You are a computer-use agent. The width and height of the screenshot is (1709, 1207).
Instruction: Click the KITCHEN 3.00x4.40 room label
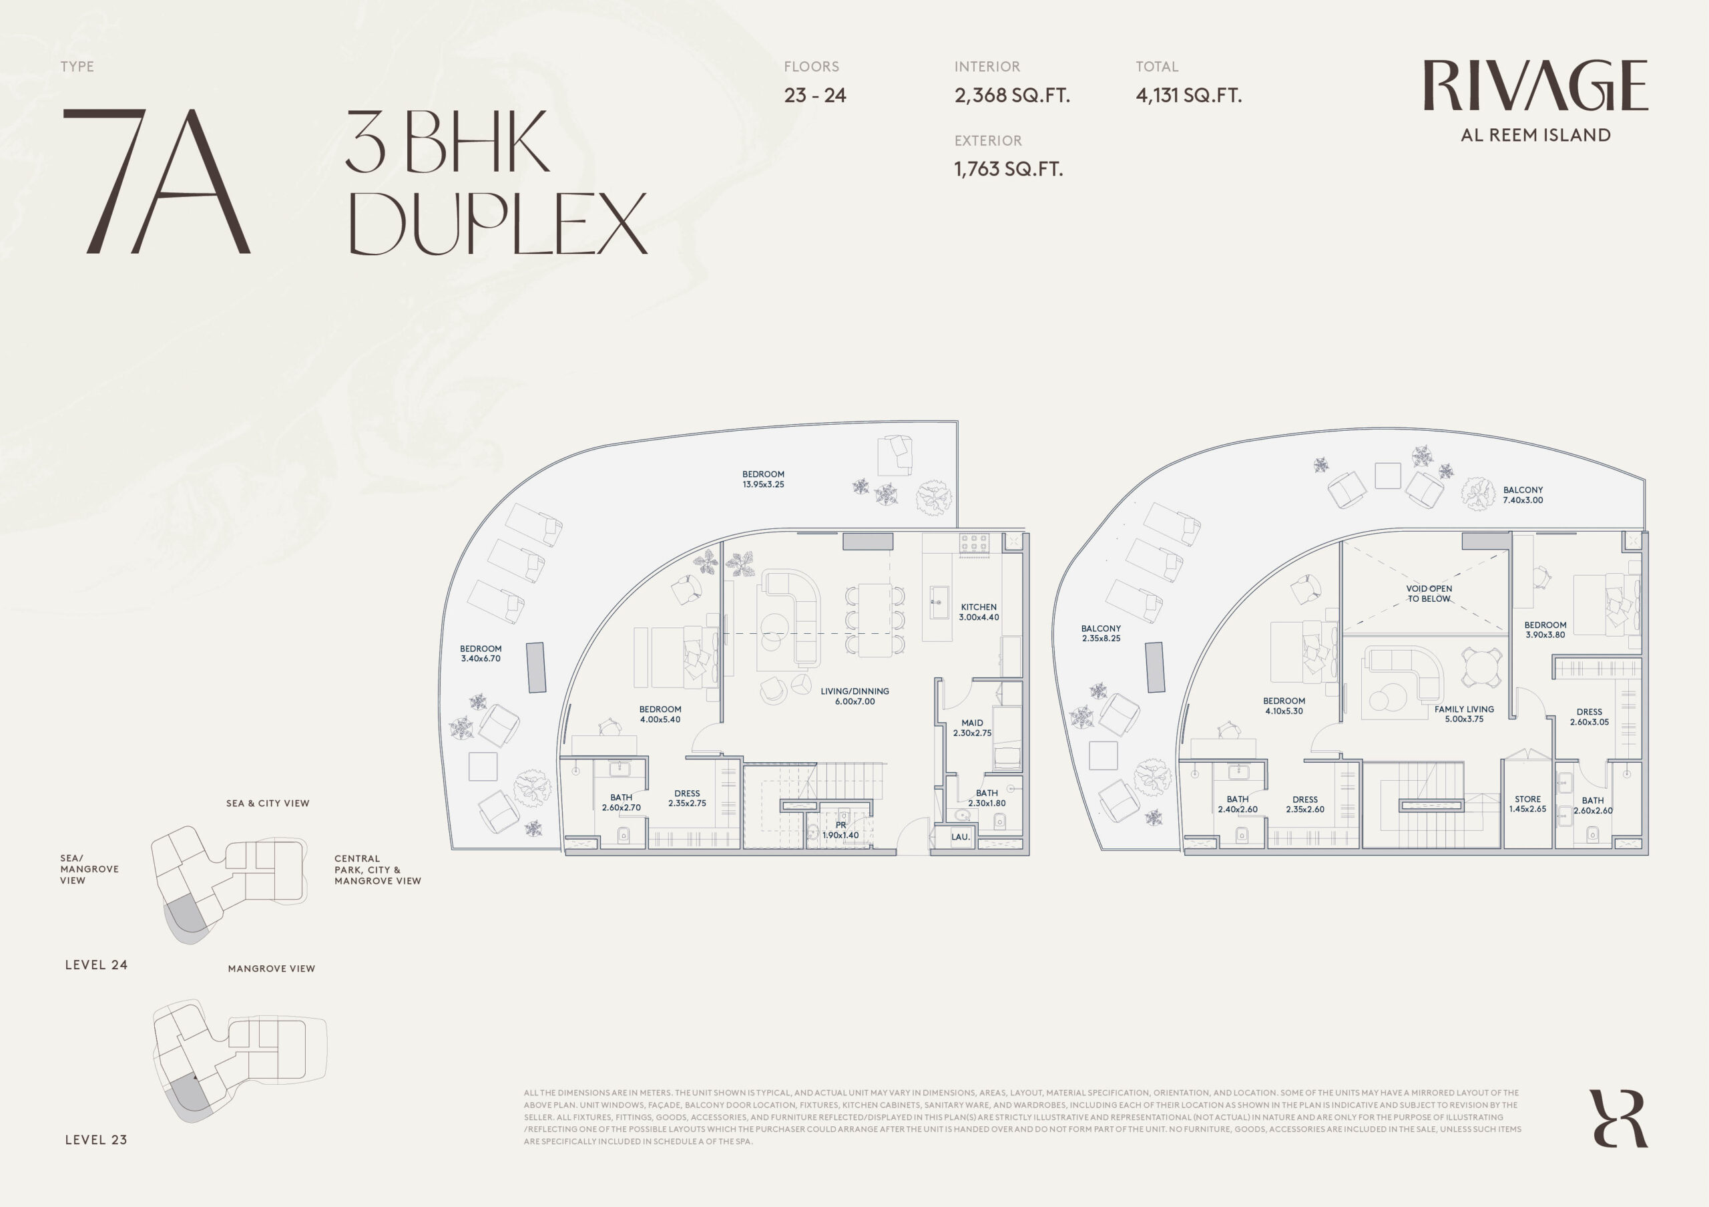tap(979, 612)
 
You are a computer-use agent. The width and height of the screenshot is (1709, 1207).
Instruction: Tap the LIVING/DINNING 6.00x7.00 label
tap(854, 696)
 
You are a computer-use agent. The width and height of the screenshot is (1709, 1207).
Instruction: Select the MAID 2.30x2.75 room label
tap(972, 727)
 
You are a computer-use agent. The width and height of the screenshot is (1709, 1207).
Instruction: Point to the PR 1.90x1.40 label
tap(840, 830)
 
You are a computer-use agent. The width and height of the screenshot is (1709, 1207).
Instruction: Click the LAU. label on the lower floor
tap(960, 837)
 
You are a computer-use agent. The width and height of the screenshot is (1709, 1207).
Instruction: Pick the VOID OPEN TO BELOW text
tap(1429, 593)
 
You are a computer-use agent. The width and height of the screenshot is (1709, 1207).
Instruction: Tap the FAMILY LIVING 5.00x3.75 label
tap(1464, 714)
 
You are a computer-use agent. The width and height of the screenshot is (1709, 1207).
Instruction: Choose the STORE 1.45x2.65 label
tap(1527, 804)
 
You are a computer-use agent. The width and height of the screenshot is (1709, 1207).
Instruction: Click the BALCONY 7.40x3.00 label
tap(1523, 495)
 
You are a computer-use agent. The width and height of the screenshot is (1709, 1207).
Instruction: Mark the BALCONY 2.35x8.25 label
tap(1101, 634)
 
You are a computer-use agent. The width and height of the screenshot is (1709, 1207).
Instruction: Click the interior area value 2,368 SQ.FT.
tap(1012, 96)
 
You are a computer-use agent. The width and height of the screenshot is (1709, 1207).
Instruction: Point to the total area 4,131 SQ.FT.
tap(1189, 96)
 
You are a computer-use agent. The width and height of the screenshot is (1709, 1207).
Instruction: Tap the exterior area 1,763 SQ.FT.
tap(1009, 169)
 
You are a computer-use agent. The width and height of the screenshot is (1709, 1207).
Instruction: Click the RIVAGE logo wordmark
tap(1535, 85)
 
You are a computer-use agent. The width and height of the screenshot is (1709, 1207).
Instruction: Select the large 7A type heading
tap(156, 181)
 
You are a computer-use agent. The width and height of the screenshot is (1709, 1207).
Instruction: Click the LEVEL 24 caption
tap(96, 965)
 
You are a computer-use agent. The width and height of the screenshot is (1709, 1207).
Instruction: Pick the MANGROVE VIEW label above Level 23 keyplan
tap(272, 969)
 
